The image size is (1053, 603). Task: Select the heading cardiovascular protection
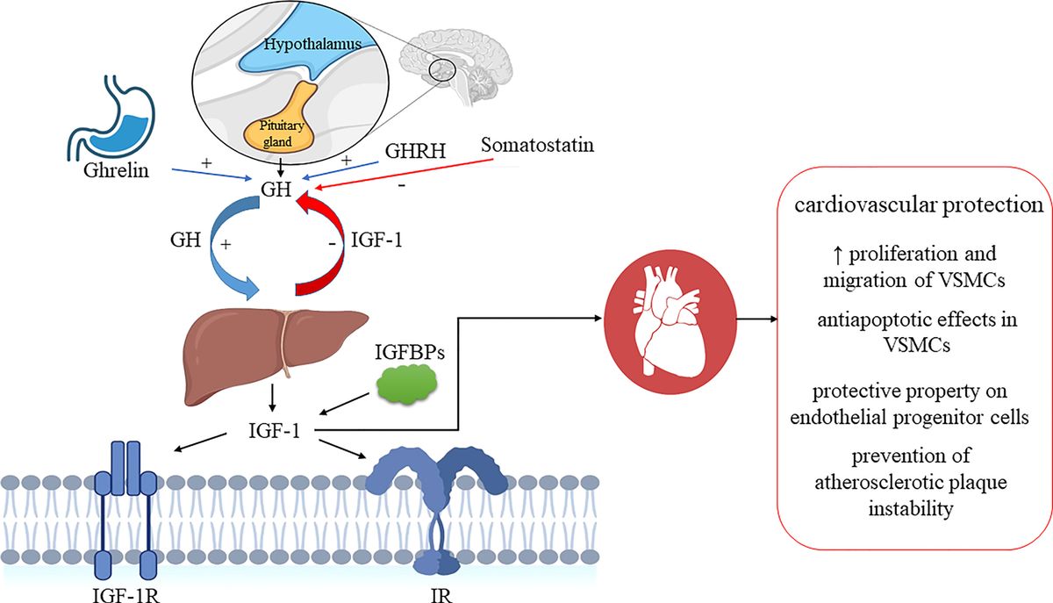click(917, 207)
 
